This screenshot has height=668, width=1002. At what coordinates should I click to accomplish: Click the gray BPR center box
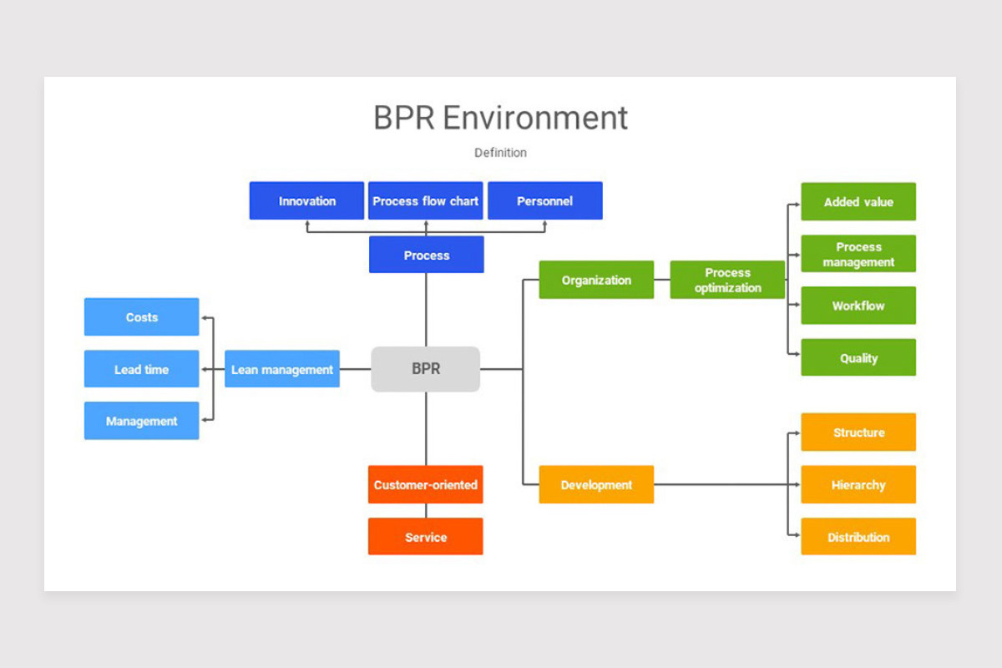pos(425,369)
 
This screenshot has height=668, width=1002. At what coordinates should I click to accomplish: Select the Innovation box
pos(306,201)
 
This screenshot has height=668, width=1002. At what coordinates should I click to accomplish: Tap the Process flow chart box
pos(426,201)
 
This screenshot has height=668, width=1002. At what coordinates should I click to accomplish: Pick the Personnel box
pos(544,201)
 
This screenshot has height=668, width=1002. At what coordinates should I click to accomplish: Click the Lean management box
pos(282,369)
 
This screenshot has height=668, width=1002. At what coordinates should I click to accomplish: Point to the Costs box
pos(142,317)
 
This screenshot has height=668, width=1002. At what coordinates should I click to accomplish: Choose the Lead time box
pos(142,369)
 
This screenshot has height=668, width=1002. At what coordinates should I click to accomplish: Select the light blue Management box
pos(142,421)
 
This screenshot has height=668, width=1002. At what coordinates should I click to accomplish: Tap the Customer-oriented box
pos(426,484)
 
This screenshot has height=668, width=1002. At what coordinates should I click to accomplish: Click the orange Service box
pos(426,537)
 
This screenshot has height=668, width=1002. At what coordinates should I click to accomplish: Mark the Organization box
pos(596,280)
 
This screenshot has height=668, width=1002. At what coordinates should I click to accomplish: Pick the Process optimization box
pos(727,280)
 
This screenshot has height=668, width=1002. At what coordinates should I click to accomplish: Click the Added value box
pos(858,201)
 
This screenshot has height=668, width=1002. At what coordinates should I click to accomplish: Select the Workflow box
pos(858,306)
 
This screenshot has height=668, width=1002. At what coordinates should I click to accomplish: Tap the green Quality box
pos(858,357)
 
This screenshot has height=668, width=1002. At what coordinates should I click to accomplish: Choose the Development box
pos(596,484)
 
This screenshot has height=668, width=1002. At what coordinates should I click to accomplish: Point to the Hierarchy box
pos(858,484)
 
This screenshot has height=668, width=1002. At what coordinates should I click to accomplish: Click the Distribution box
pos(858,537)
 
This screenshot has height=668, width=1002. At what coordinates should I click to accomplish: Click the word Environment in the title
pos(534,118)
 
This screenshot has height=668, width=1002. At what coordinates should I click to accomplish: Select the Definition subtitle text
pos(500,153)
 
